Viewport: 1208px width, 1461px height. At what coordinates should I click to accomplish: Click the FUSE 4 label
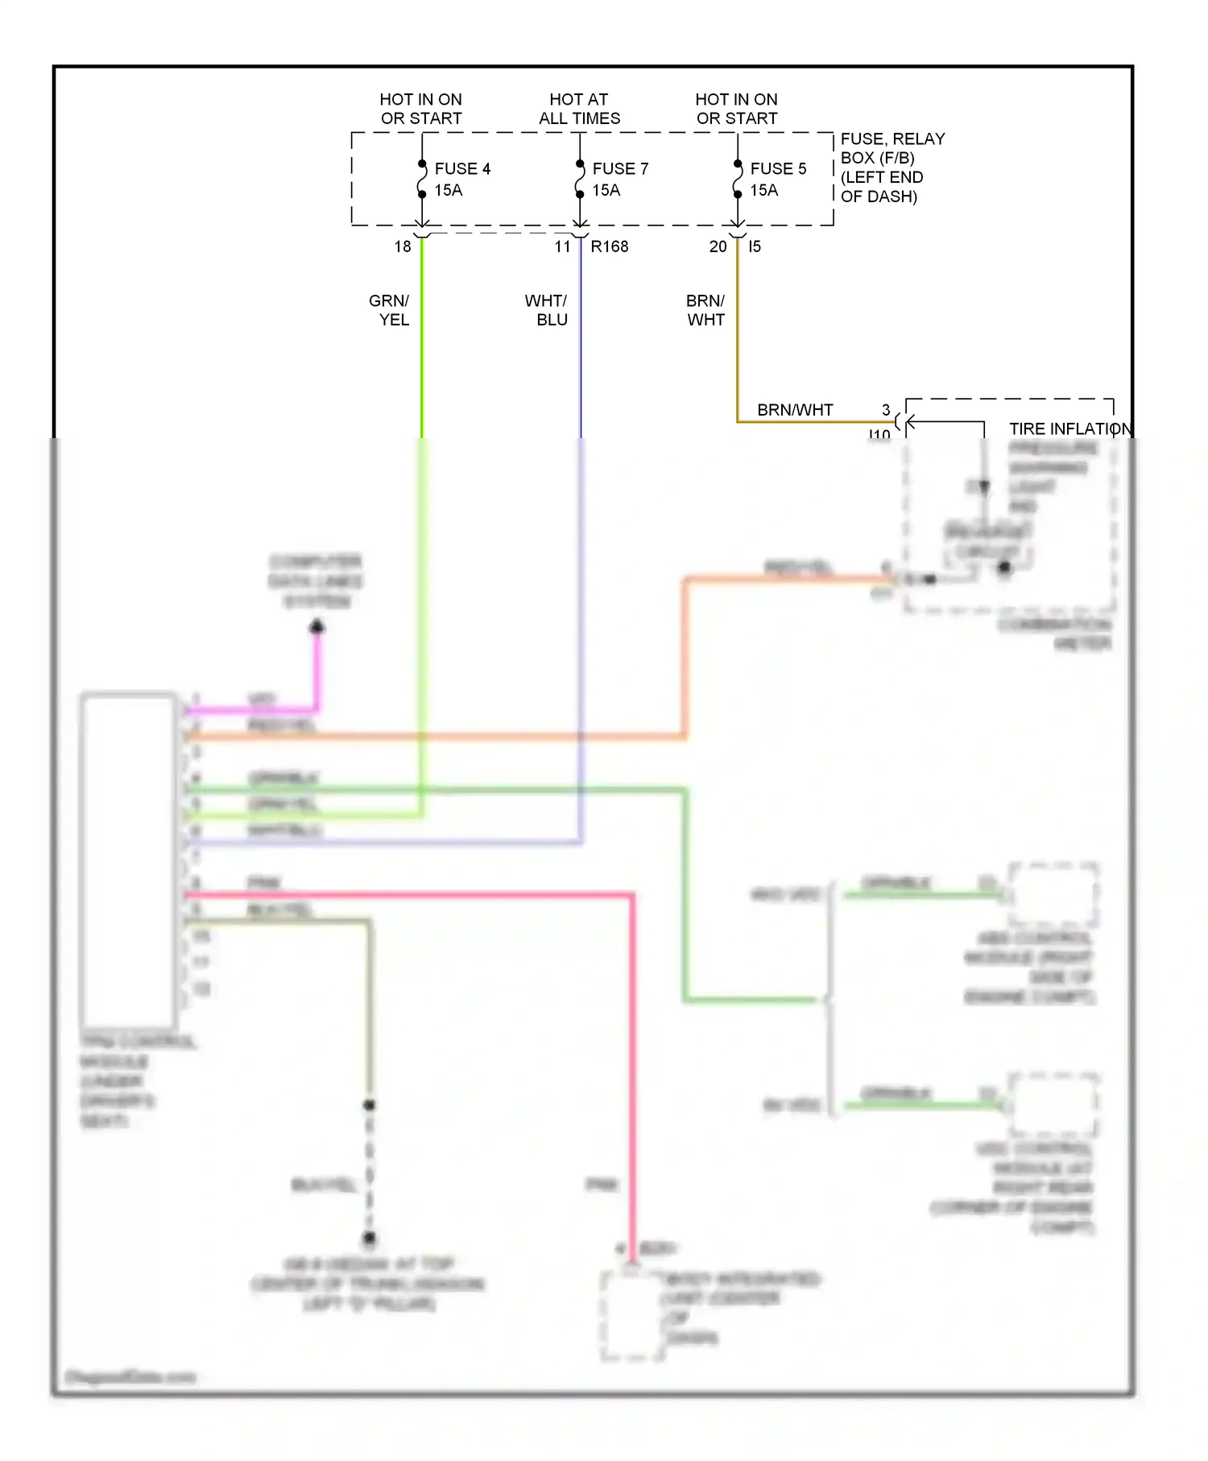(x=462, y=168)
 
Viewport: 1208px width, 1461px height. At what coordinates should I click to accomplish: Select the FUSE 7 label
(x=620, y=168)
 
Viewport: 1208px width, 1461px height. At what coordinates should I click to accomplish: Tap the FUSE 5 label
(x=778, y=168)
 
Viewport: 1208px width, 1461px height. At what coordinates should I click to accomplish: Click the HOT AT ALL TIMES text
(x=579, y=109)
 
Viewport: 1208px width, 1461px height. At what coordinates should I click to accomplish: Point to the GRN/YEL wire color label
(x=390, y=310)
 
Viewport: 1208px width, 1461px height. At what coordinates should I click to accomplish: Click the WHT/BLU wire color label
(x=547, y=310)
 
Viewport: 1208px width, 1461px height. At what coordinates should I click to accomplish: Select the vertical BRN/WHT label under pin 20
(x=705, y=310)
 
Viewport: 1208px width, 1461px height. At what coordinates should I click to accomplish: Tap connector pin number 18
(x=403, y=246)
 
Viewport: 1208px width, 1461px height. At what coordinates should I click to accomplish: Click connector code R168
(x=610, y=246)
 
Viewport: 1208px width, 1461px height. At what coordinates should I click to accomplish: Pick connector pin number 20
(x=718, y=246)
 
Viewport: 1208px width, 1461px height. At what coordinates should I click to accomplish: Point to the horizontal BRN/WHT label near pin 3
(x=795, y=410)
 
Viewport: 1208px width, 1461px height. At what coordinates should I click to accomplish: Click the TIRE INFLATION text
(x=1070, y=428)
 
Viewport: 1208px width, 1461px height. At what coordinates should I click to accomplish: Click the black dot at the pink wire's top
(x=317, y=627)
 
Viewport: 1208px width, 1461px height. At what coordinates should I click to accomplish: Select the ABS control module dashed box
(x=1053, y=895)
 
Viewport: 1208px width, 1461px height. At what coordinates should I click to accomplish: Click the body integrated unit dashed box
(x=632, y=1316)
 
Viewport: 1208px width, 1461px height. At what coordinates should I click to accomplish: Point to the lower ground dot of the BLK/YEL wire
(x=370, y=1238)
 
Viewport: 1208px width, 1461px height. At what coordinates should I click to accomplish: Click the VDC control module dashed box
(x=1053, y=1104)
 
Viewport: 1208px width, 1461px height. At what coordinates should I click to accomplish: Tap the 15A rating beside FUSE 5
(x=764, y=191)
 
